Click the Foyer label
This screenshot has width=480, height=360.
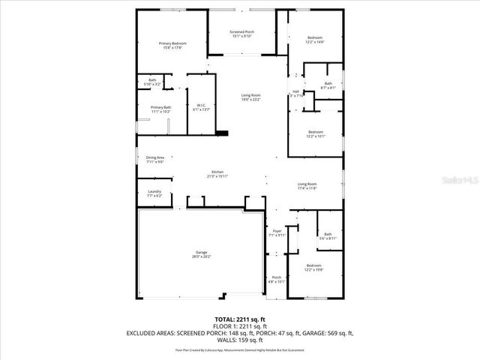point(277,232)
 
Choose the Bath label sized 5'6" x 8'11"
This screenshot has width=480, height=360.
point(328,236)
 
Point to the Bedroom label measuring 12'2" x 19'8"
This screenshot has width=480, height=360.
point(315,268)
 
